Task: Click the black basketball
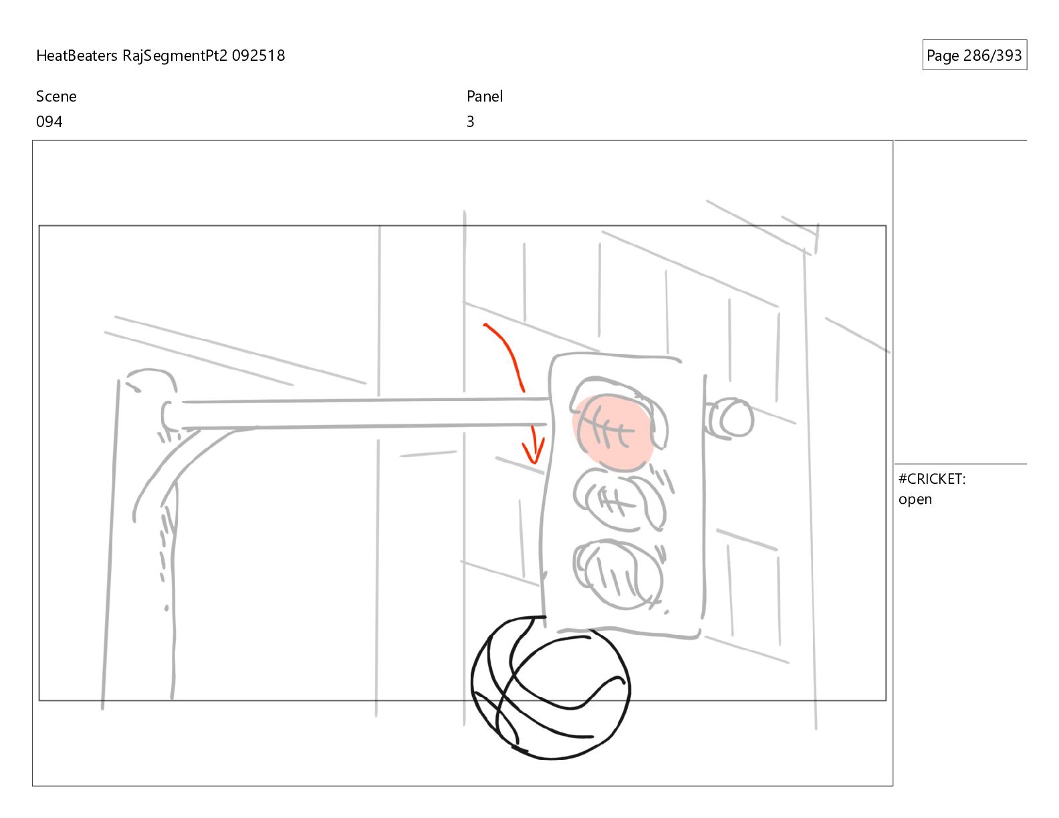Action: pyautogui.click(x=551, y=688)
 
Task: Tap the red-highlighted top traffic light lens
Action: pyautogui.click(x=614, y=432)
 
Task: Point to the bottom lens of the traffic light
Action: pyautogui.click(x=618, y=574)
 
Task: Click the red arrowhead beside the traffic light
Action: pyautogui.click(x=534, y=450)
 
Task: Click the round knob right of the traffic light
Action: pyautogui.click(x=730, y=418)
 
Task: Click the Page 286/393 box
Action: pyautogui.click(x=974, y=55)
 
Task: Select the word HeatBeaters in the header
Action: pyautogui.click(x=76, y=55)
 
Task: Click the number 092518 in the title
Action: pyautogui.click(x=258, y=55)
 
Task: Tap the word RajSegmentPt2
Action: pyautogui.click(x=175, y=56)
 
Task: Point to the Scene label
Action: pyautogui.click(x=56, y=96)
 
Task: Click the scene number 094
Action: pyautogui.click(x=49, y=122)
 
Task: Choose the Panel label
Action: pyautogui.click(x=485, y=96)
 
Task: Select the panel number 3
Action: pyautogui.click(x=470, y=122)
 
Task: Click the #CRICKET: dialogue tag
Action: pyautogui.click(x=932, y=479)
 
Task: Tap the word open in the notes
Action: pyautogui.click(x=915, y=500)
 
